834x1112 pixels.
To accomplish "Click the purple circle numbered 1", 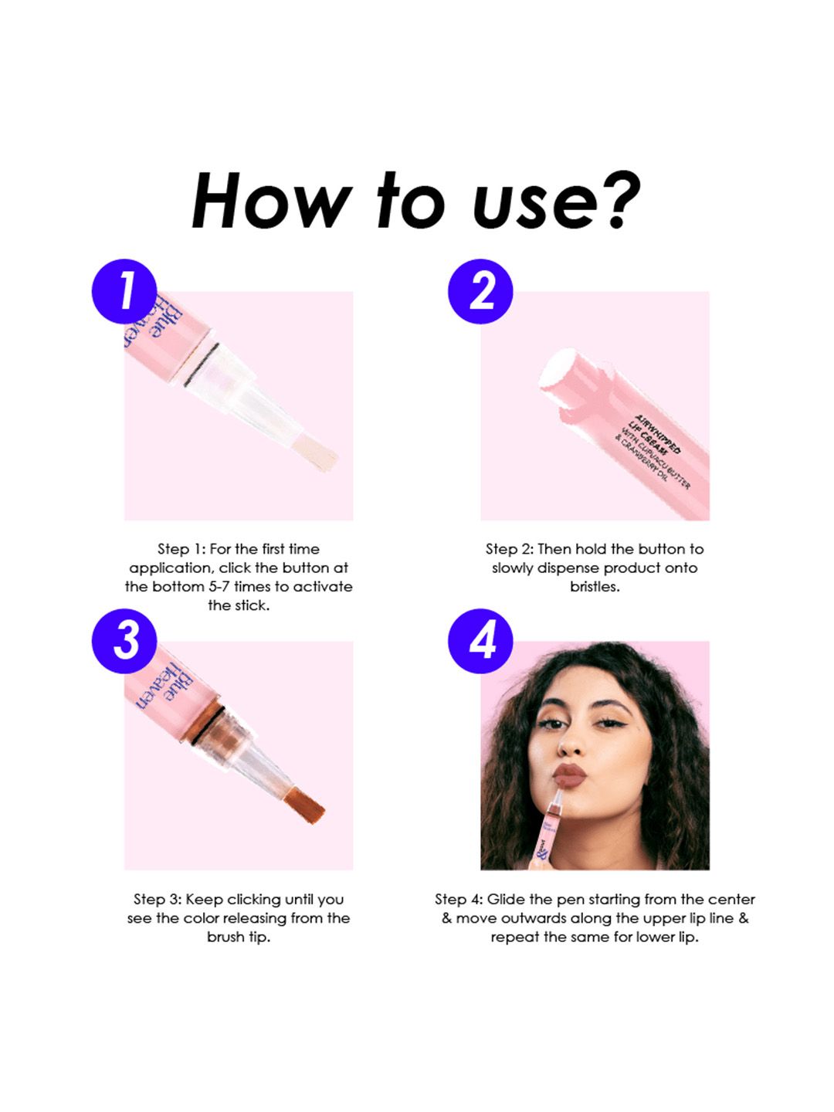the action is pos(124,291).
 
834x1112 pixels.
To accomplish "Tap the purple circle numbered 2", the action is pos(480,291).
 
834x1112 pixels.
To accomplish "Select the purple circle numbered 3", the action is pos(124,641).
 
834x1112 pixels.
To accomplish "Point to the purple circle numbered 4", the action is pos(480,641).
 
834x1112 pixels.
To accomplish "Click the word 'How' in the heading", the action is pos(271,201).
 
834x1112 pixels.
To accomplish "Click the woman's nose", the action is pos(571,741).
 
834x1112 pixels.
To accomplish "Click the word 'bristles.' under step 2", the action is pos(595,587).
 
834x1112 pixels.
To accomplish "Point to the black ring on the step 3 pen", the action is pos(208,725).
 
